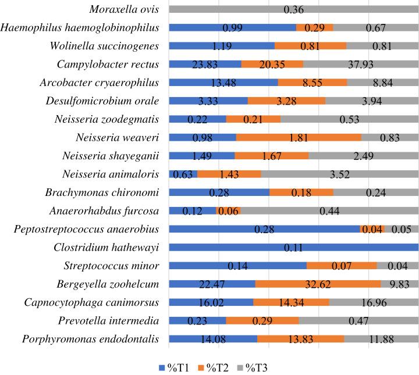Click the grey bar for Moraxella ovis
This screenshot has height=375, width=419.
coord(293,9)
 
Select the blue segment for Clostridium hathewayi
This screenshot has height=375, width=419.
coord(293,247)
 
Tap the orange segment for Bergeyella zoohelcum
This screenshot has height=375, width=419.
coord(318,284)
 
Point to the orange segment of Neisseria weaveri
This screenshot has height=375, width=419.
coord(299,137)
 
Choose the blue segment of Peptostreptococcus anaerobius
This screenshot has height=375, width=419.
coord(264,229)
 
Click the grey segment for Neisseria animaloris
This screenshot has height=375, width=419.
coord(339,174)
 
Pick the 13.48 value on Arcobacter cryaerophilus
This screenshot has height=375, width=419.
coord(223,83)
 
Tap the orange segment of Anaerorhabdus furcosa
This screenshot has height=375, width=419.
coord(228,210)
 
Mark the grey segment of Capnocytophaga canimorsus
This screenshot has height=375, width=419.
coord(374,302)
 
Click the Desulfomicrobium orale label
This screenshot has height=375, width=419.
coord(102,101)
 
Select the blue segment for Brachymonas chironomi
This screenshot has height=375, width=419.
coord(219,192)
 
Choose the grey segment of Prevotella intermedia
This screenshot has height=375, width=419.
coord(358,320)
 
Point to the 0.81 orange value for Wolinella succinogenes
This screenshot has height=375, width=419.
coord(310,46)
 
